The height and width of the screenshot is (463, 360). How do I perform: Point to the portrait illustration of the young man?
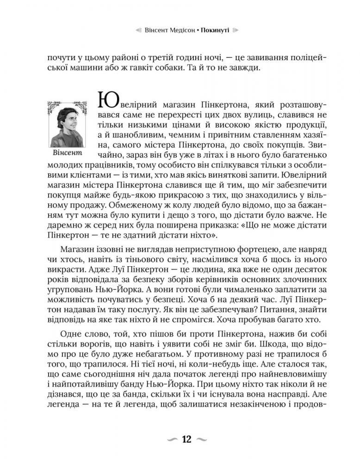click(x=67, y=125)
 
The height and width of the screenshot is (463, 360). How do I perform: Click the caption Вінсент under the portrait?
click(x=67, y=152)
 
